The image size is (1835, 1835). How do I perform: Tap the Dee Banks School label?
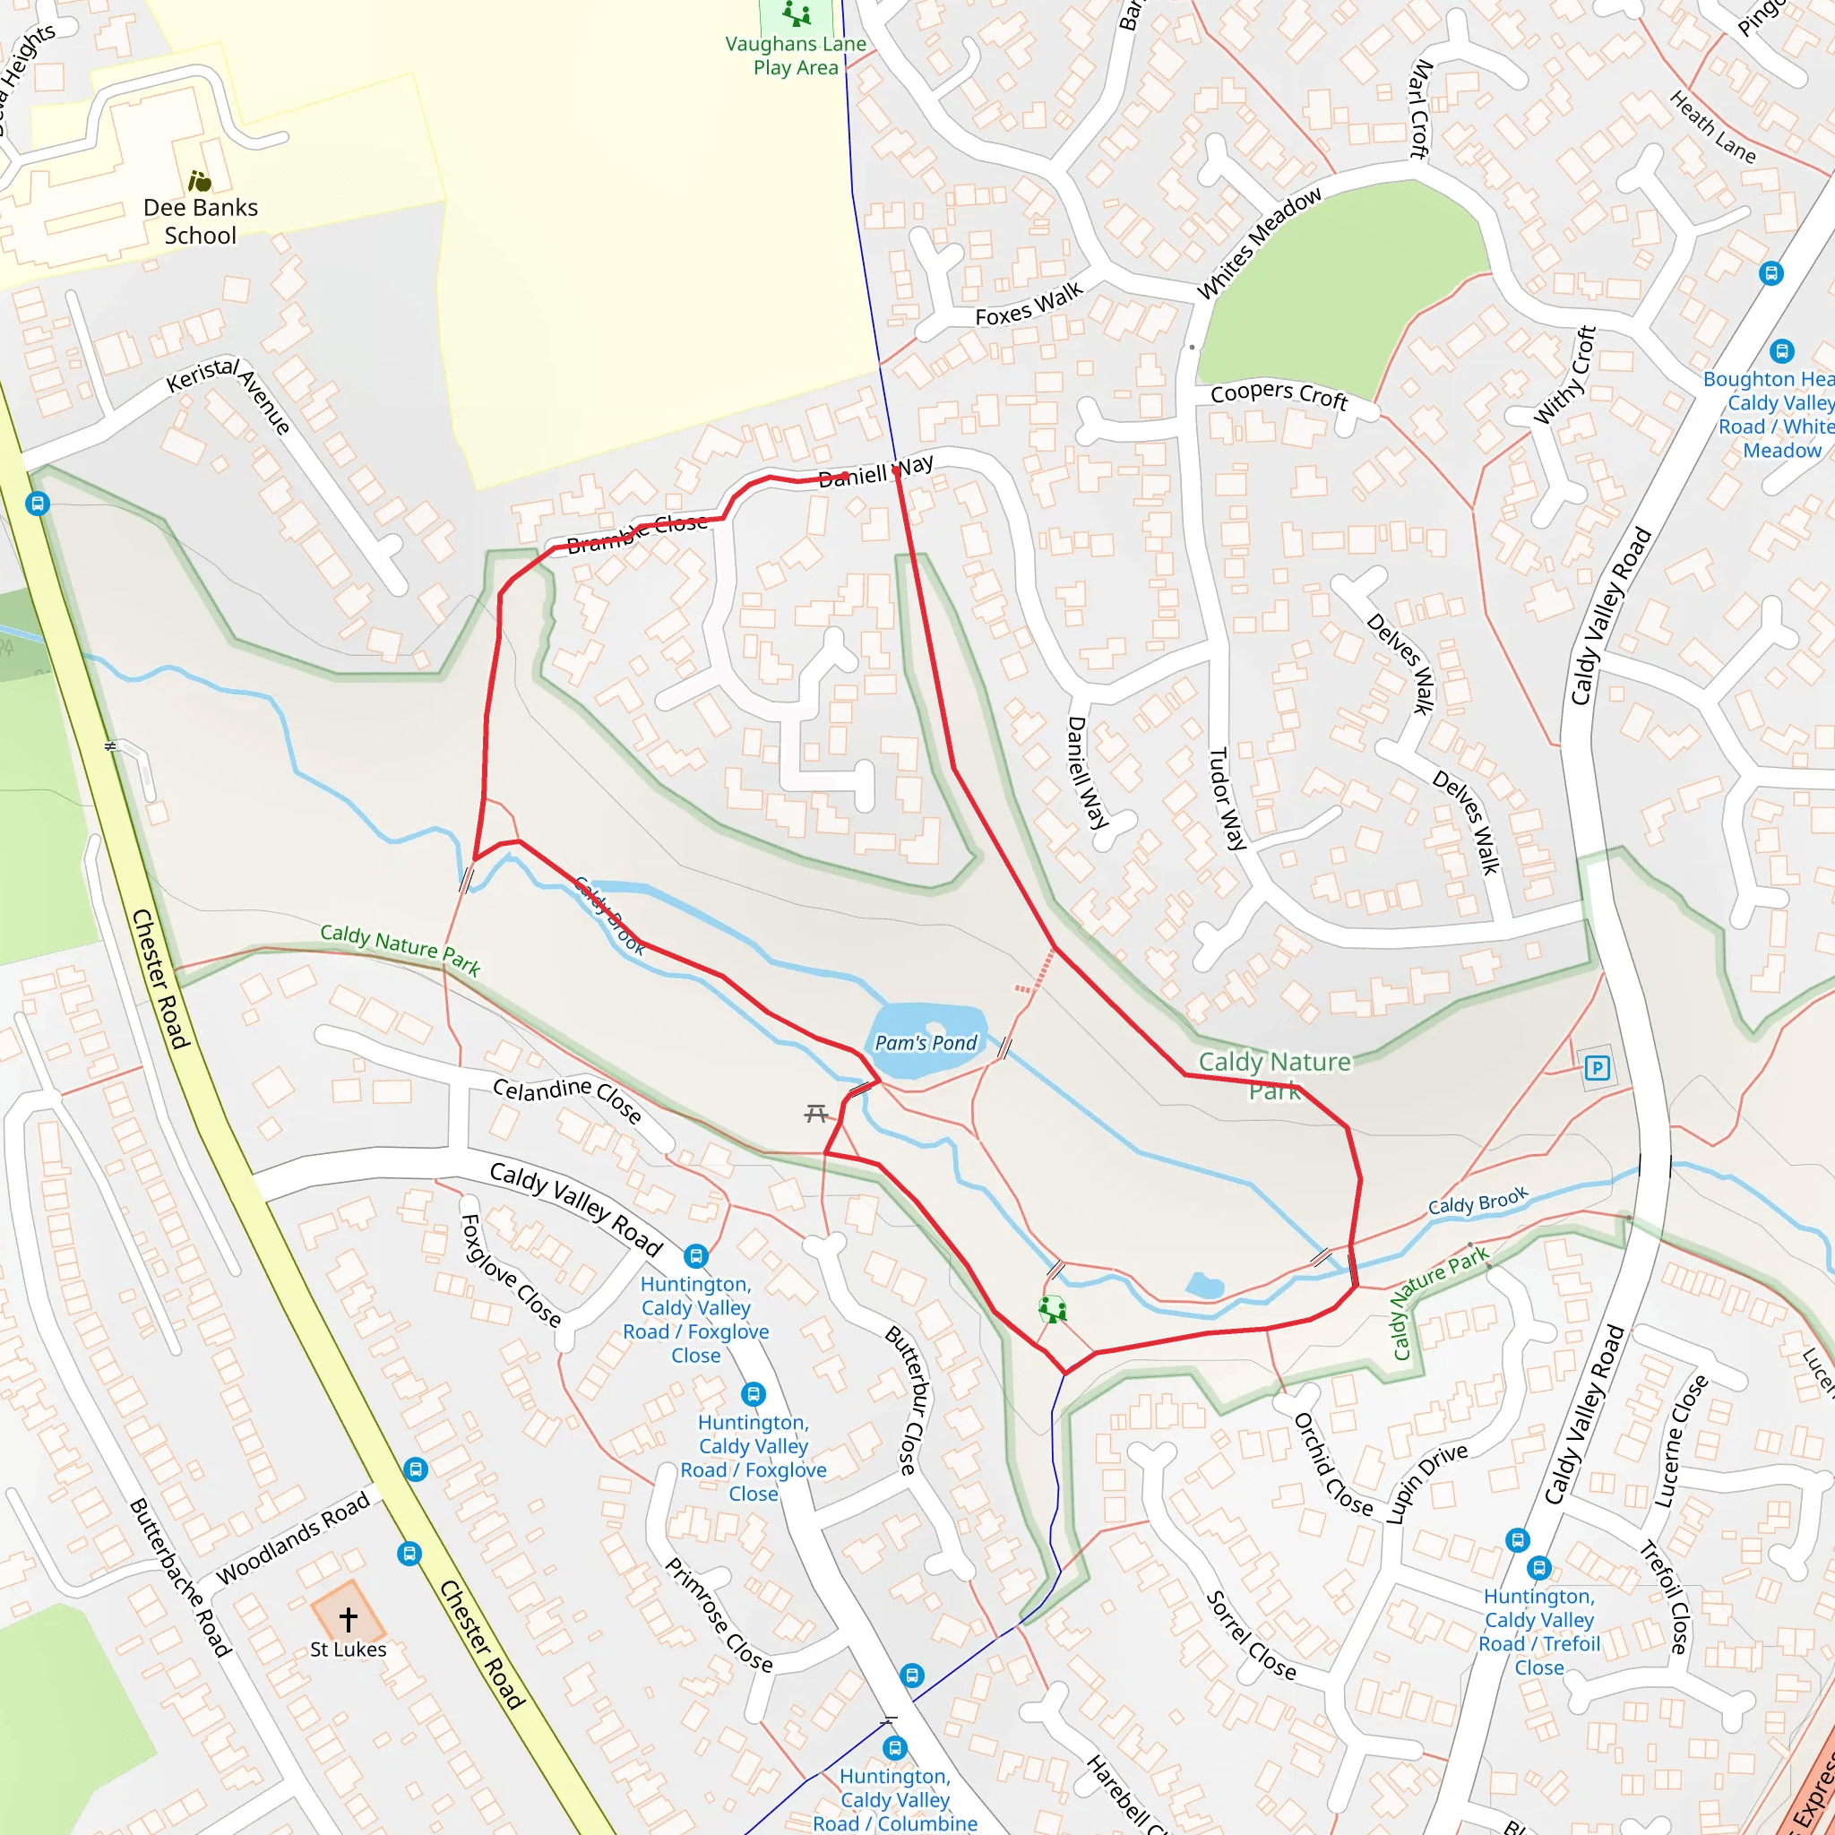(201, 221)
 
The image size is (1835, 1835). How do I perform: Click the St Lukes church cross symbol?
(349, 1618)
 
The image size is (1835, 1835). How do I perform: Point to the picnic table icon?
(816, 1113)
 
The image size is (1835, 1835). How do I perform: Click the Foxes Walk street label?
(1029, 304)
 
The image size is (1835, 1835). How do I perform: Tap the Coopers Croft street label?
(1279, 395)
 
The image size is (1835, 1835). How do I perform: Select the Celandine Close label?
(567, 1100)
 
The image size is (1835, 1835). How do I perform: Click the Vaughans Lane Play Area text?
(796, 55)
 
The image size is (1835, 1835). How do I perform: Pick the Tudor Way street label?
(1227, 797)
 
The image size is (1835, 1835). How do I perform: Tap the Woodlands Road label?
(292, 1538)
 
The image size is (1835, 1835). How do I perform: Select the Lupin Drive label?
(1426, 1483)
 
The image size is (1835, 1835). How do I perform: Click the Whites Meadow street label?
(1259, 243)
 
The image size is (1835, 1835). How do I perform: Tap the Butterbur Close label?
(908, 1401)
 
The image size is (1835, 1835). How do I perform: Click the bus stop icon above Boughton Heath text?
(1782, 350)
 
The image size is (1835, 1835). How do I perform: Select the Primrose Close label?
(718, 1615)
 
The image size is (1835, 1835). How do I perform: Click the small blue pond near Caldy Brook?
(1205, 1287)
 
